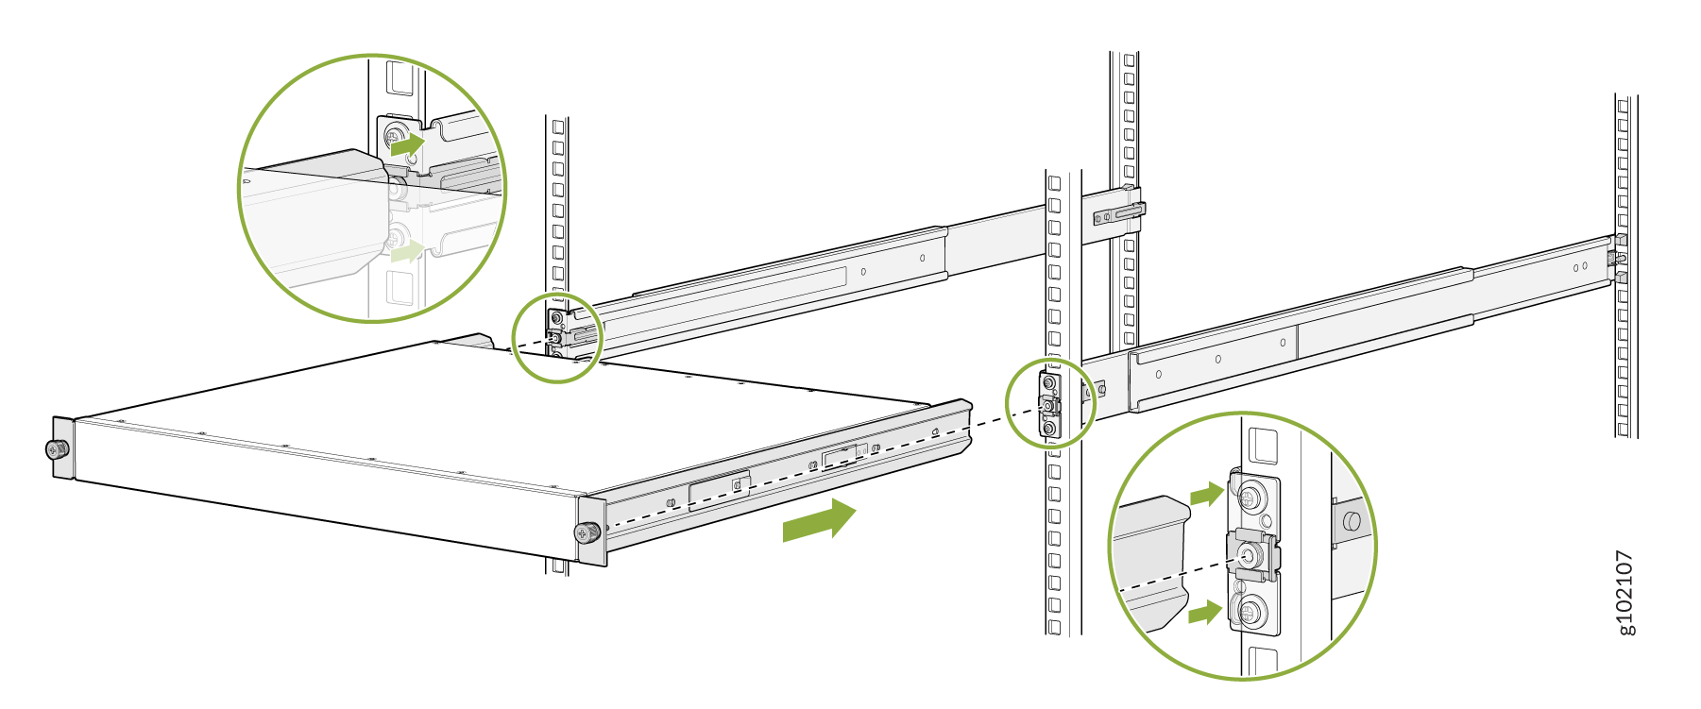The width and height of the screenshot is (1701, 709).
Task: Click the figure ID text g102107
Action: coord(1625,592)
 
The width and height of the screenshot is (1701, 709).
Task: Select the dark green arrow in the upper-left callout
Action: coord(408,145)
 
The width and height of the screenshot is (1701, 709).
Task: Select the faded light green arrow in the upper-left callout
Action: coord(407,251)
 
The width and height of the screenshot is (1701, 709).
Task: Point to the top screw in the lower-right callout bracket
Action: coord(1252,497)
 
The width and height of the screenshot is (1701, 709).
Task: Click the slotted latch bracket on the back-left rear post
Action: coord(1120,215)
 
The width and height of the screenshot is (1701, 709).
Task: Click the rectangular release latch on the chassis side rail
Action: coord(720,487)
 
